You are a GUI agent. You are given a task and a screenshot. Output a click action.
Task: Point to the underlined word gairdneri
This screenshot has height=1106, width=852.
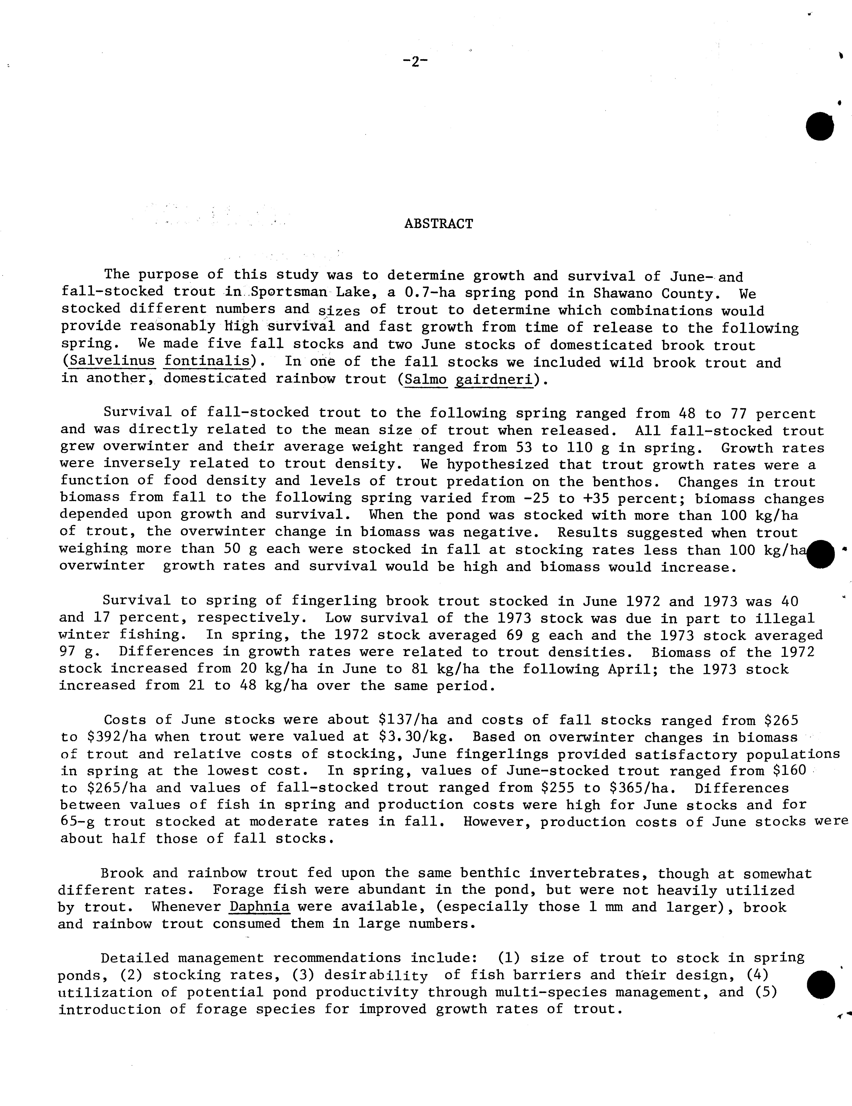(495, 379)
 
